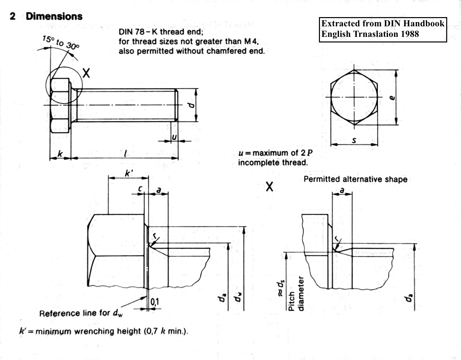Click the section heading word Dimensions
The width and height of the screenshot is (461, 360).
[54, 16]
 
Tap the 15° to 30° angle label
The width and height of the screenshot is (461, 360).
[61, 42]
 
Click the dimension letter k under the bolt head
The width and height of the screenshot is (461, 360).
[60, 153]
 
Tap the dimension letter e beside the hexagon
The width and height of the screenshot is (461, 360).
[392, 97]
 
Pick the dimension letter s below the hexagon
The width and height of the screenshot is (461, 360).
[354, 140]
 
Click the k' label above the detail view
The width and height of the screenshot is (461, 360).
[129, 173]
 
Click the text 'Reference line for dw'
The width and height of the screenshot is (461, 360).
[81, 313]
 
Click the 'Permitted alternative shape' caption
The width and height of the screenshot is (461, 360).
[355, 179]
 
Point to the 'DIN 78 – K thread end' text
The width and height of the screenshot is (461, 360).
[161, 32]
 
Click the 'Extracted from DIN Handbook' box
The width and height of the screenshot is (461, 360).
[383, 24]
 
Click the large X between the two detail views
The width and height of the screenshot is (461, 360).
[269, 187]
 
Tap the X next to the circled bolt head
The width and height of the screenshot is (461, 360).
[86, 73]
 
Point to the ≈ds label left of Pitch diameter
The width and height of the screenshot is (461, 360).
[280, 289]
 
